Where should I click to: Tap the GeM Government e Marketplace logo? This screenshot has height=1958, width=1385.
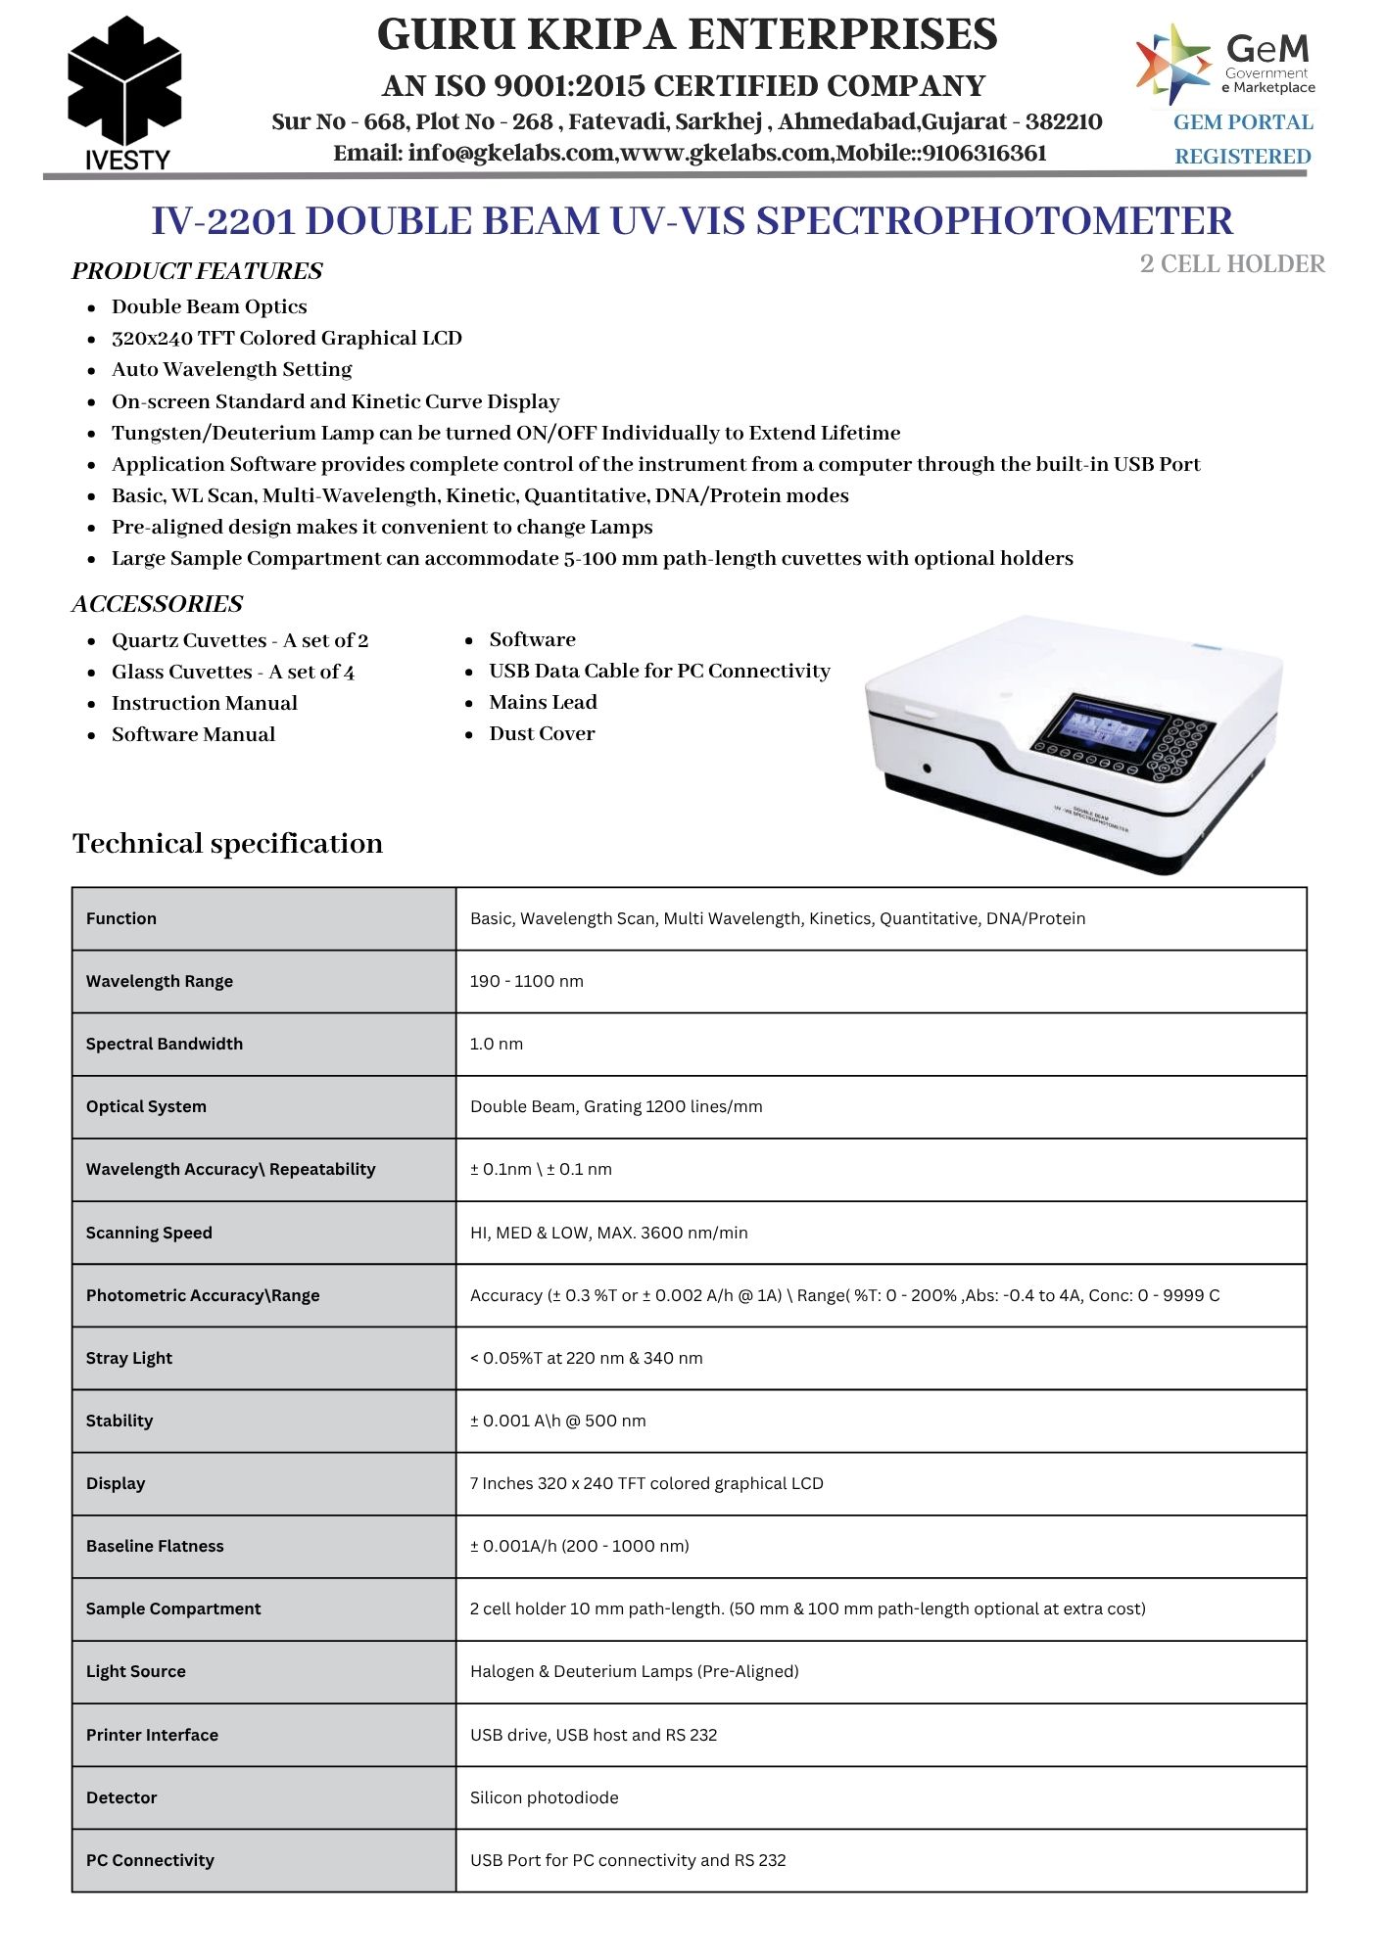click(1225, 66)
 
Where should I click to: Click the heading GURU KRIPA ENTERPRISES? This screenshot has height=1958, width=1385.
click(687, 35)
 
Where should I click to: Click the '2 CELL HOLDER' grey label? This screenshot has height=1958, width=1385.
click(1232, 264)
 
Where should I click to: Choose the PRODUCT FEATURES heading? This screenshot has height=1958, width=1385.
click(197, 271)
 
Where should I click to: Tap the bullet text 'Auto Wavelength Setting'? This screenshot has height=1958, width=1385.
click(231, 369)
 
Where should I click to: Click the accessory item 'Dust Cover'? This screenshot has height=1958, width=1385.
click(542, 733)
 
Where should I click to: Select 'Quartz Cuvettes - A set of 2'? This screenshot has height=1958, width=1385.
click(240, 640)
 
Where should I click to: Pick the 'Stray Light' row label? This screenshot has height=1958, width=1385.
click(129, 1358)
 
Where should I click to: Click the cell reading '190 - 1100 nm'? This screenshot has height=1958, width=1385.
click(526, 981)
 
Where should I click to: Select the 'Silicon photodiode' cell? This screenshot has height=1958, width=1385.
click(544, 1797)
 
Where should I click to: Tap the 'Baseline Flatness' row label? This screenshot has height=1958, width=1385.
click(155, 1546)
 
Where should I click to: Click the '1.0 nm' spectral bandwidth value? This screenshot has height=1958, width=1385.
click(497, 1044)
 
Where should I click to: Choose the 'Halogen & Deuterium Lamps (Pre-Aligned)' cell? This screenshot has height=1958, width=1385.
click(634, 1671)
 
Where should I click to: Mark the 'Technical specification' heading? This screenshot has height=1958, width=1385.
click(227, 843)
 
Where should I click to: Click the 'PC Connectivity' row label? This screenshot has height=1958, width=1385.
click(150, 1860)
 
